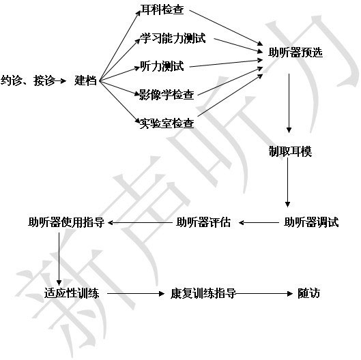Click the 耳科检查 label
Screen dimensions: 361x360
(x=162, y=10)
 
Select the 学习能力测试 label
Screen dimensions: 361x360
(x=173, y=38)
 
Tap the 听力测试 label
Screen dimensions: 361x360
(x=162, y=66)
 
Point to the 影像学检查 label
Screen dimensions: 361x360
(x=167, y=95)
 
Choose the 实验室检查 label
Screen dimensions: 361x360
(x=167, y=123)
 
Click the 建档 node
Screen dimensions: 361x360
(x=85, y=80)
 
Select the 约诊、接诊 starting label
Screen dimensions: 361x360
(x=28, y=80)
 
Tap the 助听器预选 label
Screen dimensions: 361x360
(x=295, y=52)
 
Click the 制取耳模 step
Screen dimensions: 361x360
(x=290, y=151)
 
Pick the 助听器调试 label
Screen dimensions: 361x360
(x=311, y=222)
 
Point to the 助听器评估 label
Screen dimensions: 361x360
(x=203, y=222)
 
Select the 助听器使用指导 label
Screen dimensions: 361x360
(x=66, y=222)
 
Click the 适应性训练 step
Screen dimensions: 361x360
(x=72, y=293)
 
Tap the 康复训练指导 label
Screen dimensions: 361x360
(x=203, y=293)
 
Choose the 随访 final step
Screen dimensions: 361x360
(x=308, y=293)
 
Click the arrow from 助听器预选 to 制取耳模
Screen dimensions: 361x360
(x=289, y=103)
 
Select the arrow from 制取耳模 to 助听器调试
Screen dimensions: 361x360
(x=287, y=183)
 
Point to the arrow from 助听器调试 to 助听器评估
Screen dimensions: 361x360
(x=259, y=223)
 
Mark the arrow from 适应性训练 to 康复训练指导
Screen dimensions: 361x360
(x=136, y=293)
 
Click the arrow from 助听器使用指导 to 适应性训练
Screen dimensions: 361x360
(x=59, y=259)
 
